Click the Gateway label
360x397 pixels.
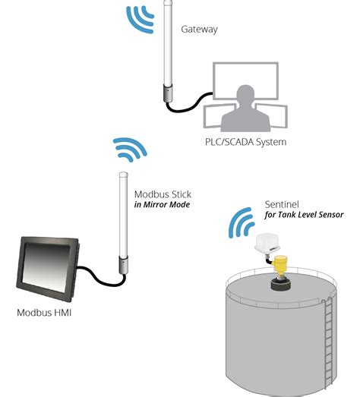click(199, 30)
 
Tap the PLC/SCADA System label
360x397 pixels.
click(246, 142)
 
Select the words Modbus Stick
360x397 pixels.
click(163, 194)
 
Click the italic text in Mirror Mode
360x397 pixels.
click(162, 205)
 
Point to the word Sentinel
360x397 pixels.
click(282, 204)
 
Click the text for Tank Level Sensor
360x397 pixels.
click(304, 215)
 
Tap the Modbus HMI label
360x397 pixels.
click(44, 313)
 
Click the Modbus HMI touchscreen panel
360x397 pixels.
click(48, 269)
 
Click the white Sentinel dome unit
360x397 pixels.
click(268, 243)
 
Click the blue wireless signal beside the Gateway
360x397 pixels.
click(140, 20)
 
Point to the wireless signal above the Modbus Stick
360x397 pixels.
click(130, 150)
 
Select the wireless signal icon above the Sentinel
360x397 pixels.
click(242, 223)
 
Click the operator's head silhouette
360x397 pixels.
click(245, 93)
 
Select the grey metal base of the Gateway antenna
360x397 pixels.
click(168, 93)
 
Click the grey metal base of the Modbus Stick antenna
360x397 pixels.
click(123, 265)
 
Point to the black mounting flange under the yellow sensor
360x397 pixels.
click(281, 285)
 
